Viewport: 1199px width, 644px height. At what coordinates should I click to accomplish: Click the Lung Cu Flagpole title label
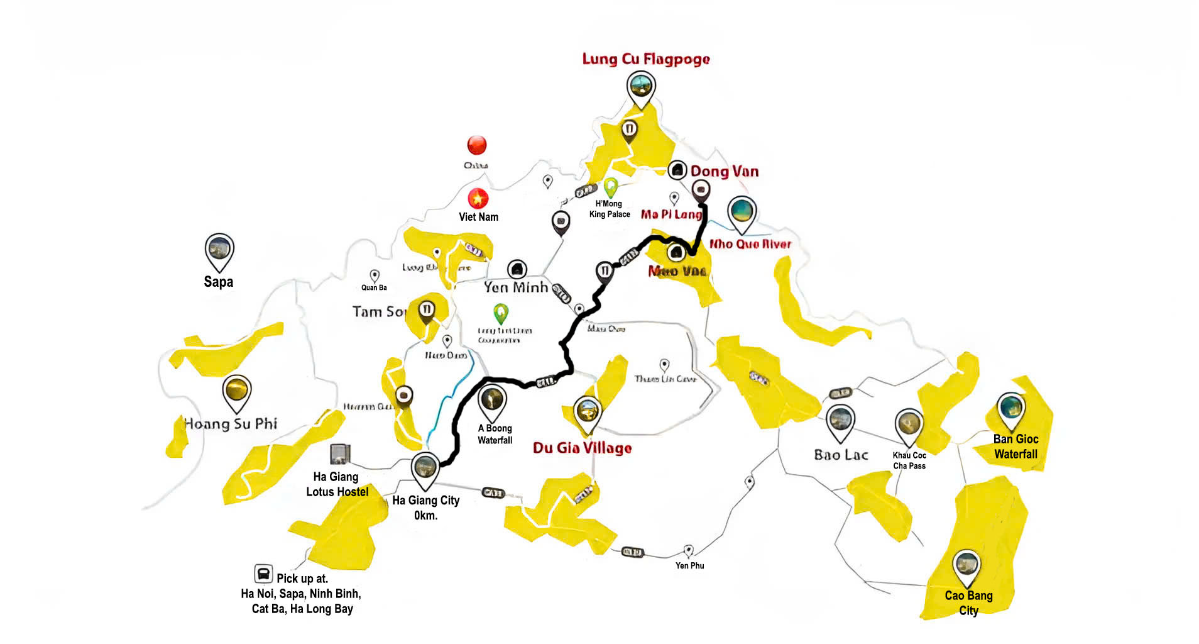[x=646, y=59]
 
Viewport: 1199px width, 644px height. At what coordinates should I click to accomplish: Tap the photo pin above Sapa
[x=219, y=250]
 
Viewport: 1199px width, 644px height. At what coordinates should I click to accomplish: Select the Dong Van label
[x=725, y=171]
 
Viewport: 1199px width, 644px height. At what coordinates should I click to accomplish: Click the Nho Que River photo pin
[x=742, y=212]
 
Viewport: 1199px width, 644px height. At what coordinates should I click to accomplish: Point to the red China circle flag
[x=477, y=145]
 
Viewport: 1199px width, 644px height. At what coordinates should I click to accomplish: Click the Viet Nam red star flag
[x=478, y=199]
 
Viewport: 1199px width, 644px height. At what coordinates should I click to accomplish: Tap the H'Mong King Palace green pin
[x=610, y=187]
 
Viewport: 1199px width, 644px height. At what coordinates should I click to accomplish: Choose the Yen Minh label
[x=516, y=287]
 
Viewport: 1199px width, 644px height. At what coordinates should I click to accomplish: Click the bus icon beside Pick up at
[x=263, y=574]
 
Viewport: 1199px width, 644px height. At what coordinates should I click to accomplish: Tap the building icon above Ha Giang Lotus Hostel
[x=339, y=453]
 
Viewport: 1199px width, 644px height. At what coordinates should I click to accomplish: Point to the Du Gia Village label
[x=583, y=448]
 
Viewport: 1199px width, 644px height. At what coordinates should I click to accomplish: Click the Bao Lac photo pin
[x=840, y=420]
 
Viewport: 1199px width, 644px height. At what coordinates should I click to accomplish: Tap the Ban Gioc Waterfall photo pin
[x=1010, y=408]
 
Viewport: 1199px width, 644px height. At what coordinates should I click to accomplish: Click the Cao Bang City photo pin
[x=966, y=565]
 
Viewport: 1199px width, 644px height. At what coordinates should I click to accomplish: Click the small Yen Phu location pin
[x=689, y=550]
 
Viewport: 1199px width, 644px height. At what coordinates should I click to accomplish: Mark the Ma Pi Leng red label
[x=671, y=214]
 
